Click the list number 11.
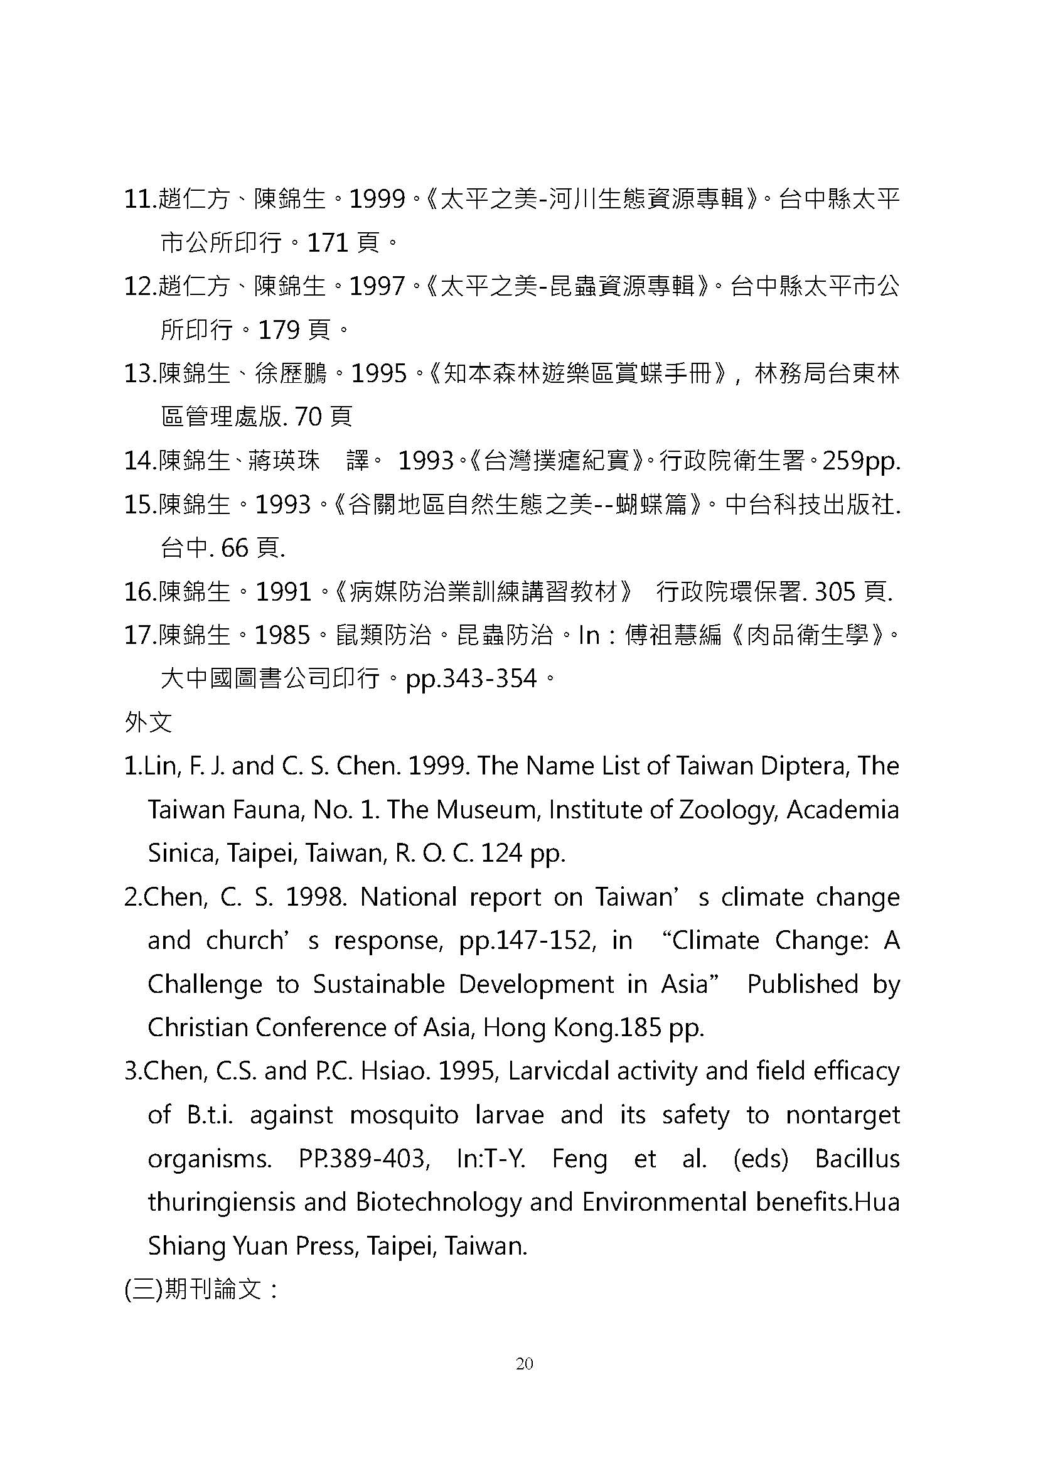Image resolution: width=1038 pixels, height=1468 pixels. click(139, 200)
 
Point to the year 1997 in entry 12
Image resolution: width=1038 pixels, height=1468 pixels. click(377, 286)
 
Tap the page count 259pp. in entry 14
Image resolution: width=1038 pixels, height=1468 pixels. click(861, 460)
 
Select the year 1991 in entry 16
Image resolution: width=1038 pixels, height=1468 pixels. click(283, 591)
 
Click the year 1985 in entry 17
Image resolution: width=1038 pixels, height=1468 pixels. click(282, 635)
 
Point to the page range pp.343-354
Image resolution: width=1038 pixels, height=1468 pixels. click(471, 678)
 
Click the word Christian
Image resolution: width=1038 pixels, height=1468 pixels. click(198, 1027)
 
